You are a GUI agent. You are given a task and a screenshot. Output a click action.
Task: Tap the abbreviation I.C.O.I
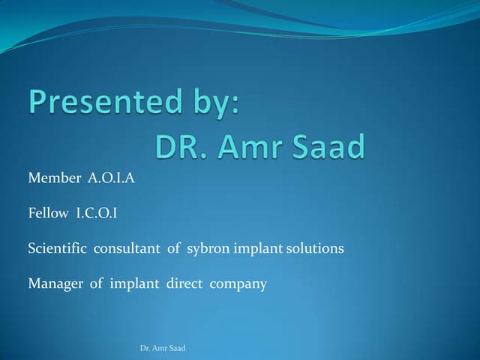(97, 213)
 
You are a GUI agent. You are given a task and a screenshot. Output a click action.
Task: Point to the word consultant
(126, 248)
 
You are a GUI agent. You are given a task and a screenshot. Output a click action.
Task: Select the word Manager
(55, 284)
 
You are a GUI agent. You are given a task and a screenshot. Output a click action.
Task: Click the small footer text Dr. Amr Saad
(163, 349)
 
